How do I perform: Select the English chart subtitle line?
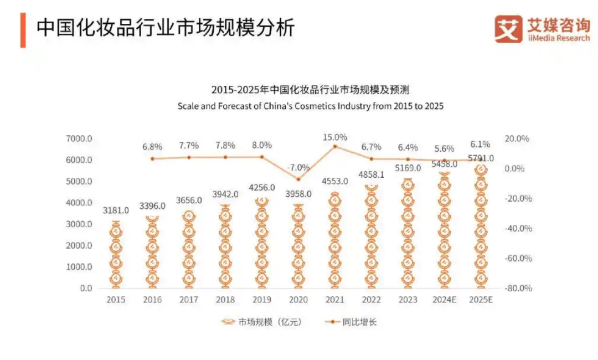[310, 106]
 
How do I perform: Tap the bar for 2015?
[116, 255]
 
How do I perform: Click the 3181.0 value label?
[116, 210]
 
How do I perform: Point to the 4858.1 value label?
[372, 174]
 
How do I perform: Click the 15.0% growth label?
[335, 137]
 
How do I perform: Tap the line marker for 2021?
[335, 146]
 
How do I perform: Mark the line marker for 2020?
[298, 179]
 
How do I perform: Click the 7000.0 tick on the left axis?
[79, 138]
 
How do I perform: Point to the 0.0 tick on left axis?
[85, 289]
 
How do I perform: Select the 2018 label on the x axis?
[225, 300]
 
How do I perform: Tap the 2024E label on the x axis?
[444, 300]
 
